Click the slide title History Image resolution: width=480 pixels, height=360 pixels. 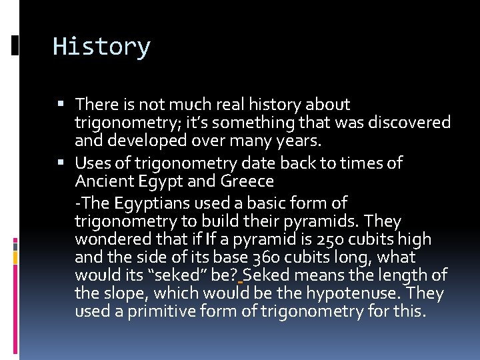(x=101, y=47)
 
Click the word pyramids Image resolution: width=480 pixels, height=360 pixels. (x=323, y=221)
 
